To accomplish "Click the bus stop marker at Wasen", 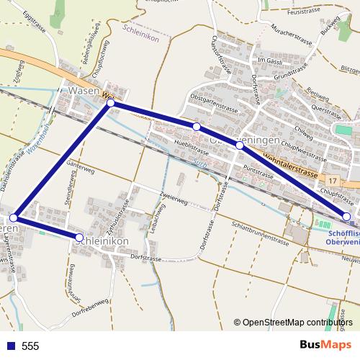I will tap(111, 104).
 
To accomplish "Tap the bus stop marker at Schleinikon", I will tap(79, 237).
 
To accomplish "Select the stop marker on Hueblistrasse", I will tap(196, 127).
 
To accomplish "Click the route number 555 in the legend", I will tap(30, 346).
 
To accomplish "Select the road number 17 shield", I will tap(332, 178).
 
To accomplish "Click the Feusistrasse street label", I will tap(303, 11).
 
